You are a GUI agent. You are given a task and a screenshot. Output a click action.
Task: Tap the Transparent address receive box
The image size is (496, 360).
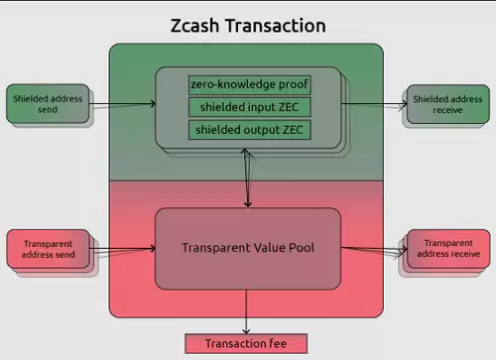tap(447, 250)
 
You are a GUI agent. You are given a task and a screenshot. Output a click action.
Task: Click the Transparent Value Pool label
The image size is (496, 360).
tap(248, 247)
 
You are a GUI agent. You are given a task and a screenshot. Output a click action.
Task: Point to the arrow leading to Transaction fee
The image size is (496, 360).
tap(247, 312)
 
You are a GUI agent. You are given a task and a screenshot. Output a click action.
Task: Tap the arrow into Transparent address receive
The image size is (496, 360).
tap(375, 249)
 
